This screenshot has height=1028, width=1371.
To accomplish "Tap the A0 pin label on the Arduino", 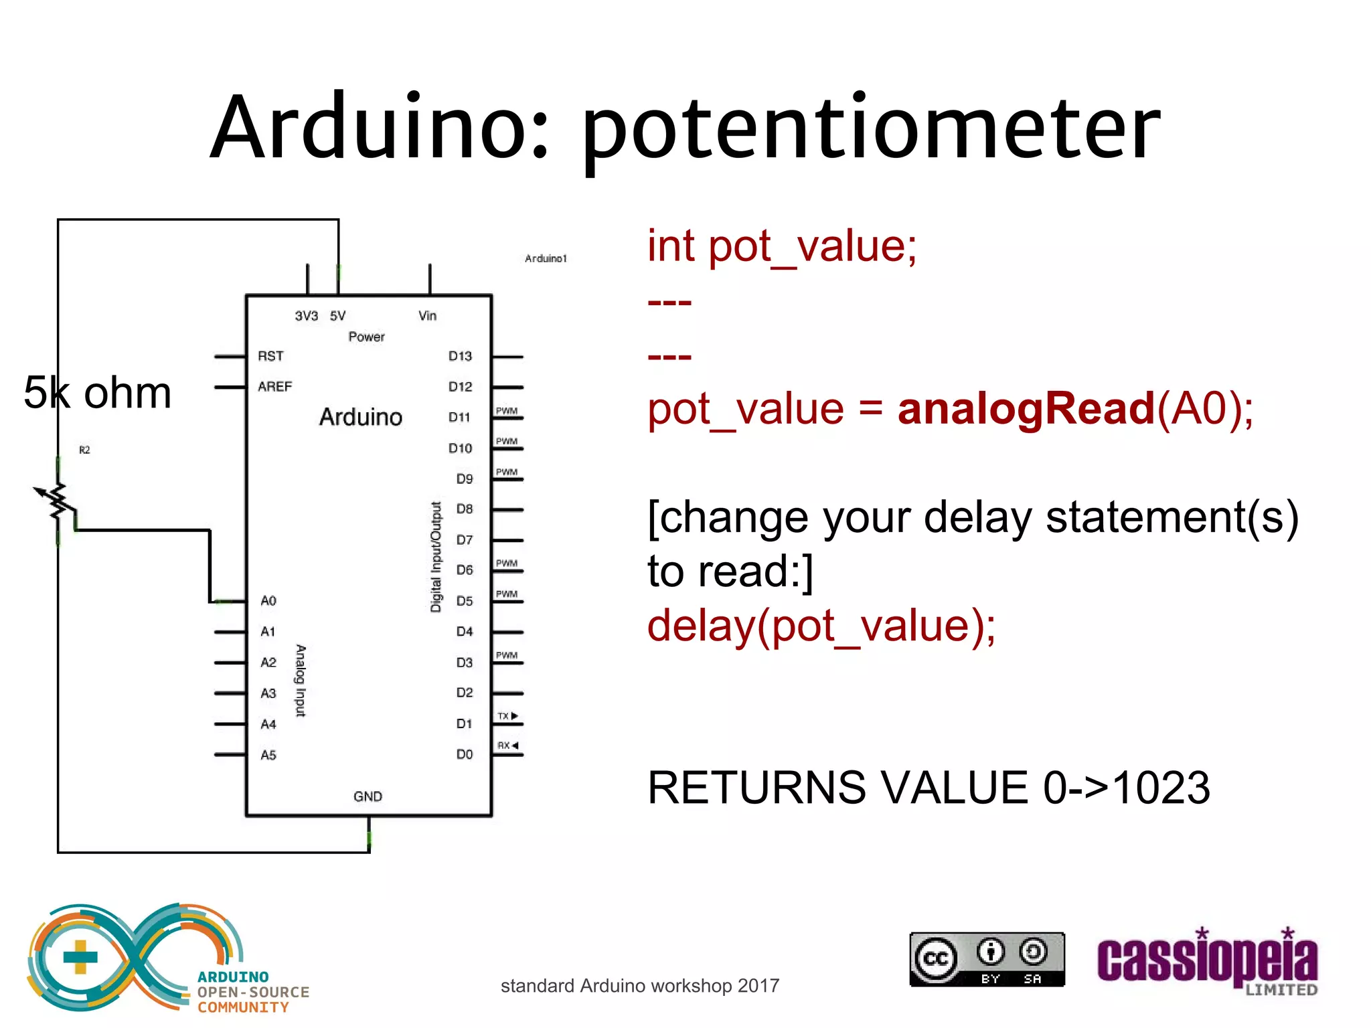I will tap(268, 600).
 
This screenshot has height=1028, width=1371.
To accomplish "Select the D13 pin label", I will tap(460, 356).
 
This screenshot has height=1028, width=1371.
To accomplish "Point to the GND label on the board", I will tap(368, 796).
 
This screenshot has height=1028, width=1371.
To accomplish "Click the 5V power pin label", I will tap(337, 316).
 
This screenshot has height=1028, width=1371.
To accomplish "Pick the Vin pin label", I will tap(427, 316).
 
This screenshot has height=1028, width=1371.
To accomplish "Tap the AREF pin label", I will tap(274, 387).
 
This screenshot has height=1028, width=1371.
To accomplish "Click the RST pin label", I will tap(270, 356).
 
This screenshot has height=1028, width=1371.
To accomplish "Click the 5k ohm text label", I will tap(98, 392).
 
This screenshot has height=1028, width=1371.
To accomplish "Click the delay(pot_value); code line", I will tap(821, 626).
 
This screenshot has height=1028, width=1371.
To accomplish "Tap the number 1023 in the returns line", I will tap(1161, 787).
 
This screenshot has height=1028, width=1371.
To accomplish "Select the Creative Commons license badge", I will tap(987, 959).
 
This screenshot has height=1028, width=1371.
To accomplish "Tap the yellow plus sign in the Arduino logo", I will tap(80, 957).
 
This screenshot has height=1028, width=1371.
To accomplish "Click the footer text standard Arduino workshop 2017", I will tap(640, 986).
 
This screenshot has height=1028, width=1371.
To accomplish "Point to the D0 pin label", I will tap(464, 754).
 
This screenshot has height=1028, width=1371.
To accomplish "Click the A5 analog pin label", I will tap(268, 755).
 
